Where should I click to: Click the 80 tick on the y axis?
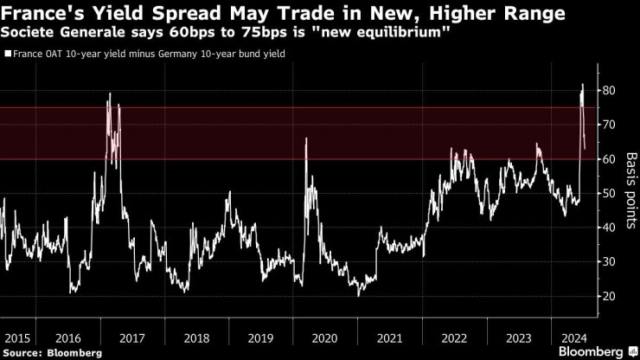pos(609,91)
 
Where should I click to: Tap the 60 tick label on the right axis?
pos(609,159)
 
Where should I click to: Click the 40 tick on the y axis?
pos(609,228)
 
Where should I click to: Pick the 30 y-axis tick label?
pos(609,262)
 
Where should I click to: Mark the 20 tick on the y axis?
pos(609,296)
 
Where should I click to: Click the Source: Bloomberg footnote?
pos(52,353)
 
